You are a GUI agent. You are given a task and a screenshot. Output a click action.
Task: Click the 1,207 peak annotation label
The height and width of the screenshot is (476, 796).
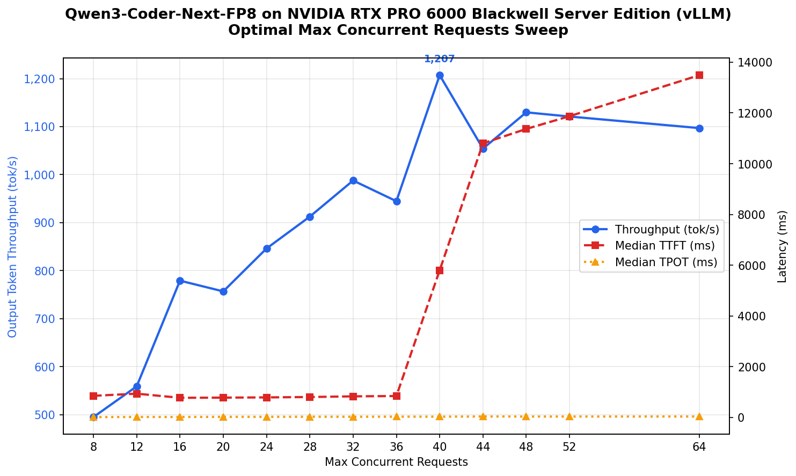coord(439,59)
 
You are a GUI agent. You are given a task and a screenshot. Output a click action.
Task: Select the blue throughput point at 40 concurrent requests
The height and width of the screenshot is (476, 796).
coord(440,76)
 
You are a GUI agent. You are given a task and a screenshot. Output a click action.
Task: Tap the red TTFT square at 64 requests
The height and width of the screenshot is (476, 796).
coord(699,75)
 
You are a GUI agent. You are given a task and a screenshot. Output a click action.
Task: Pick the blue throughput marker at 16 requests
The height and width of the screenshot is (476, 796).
coord(180,281)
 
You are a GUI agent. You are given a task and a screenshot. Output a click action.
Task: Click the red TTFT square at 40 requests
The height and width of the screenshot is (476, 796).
coord(440,270)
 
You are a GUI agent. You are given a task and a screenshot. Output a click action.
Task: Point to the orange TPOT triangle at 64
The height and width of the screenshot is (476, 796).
coord(699,416)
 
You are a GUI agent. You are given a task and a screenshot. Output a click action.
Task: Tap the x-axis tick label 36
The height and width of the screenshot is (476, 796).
coord(397,446)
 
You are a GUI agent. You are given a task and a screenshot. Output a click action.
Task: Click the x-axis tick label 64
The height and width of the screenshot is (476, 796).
coord(699,446)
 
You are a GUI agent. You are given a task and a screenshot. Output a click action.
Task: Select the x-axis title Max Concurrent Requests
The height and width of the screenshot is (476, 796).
coord(396,462)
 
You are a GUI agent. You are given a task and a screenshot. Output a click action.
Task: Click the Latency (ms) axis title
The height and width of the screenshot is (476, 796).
coord(782,246)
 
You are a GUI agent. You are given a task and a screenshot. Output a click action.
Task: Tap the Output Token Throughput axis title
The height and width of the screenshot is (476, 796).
coord(13,246)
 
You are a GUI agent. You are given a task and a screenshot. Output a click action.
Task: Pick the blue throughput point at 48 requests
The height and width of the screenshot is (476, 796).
coord(526,113)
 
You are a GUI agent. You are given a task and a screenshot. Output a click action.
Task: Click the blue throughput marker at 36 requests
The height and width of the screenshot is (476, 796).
coord(397,202)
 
